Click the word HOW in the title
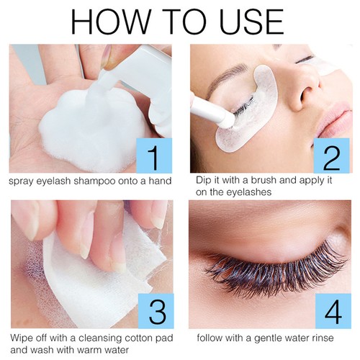click(x=110, y=22)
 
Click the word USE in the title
click(x=252, y=22)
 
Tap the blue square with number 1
click(x=154, y=156)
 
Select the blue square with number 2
click(x=331, y=156)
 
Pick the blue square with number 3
click(x=156, y=311)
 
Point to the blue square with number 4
click(x=333, y=311)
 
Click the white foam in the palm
click(x=94, y=130)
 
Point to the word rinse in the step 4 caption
click(x=322, y=338)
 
